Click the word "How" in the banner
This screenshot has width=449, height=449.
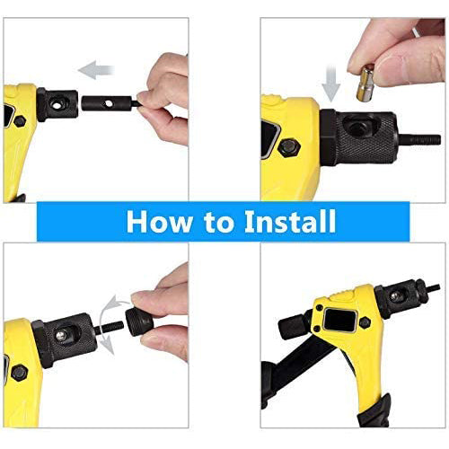click(x=160, y=222)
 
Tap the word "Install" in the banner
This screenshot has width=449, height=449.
click(x=290, y=221)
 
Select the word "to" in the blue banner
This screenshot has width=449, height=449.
click(x=219, y=223)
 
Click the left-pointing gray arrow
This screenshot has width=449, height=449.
click(x=96, y=70)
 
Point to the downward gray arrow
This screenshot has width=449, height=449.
click(x=330, y=84)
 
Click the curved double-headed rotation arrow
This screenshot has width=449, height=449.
click(x=105, y=325)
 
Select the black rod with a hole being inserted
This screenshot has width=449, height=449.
click(x=110, y=103)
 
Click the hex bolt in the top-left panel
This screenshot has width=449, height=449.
click(x=20, y=121)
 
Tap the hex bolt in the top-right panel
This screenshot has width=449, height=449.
click(x=289, y=148)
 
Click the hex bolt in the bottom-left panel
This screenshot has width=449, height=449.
click(x=20, y=373)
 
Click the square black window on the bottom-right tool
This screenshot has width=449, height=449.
click(x=340, y=320)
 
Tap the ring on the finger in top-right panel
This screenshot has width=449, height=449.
click(x=417, y=31)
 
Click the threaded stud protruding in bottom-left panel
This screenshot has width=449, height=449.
click(x=109, y=327)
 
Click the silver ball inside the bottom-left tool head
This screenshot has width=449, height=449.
click(x=61, y=335)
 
